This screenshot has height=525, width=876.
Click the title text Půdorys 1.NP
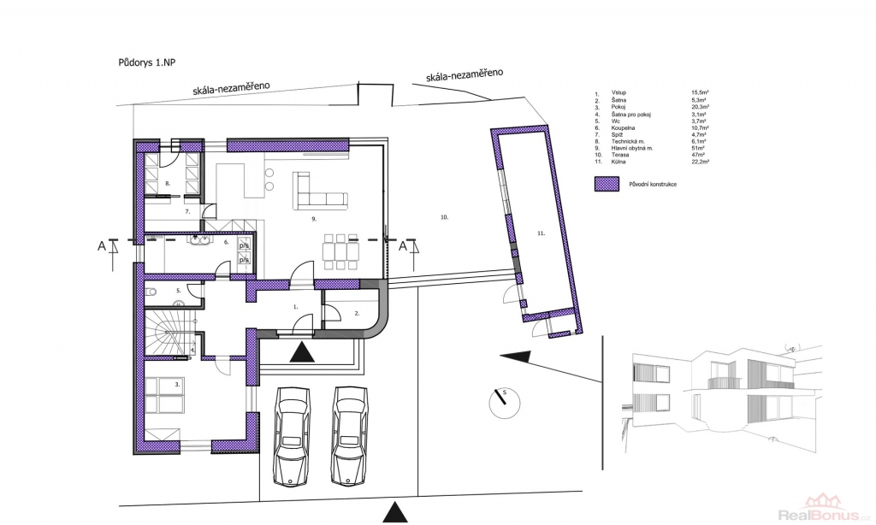click(x=146, y=62)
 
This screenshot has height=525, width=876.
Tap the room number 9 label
click(x=314, y=220)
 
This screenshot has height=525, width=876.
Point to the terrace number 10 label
click(x=444, y=218)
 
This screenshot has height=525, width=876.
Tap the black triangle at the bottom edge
click(x=394, y=512)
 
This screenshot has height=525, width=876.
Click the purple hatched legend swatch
click(x=607, y=183)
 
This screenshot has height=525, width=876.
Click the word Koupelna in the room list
click(x=623, y=127)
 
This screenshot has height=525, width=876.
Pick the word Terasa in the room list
click(x=620, y=155)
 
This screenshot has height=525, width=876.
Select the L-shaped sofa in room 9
click(x=318, y=191)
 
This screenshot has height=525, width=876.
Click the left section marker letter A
click(x=102, y=246)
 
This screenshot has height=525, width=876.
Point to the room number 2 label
click(x=357, y=314)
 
